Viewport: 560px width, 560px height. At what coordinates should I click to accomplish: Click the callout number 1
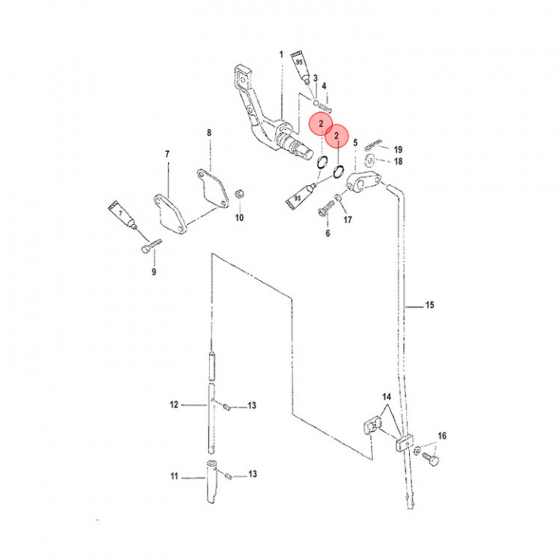click(x=281, y=54)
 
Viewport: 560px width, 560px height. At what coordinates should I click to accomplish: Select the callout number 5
click(x=355, y=143)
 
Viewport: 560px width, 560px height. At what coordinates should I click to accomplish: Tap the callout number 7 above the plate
click(x=167, y=154)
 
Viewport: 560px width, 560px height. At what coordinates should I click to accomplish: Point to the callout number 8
click(x=209, y=133)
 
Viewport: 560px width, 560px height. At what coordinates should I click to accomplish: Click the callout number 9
click(x=154, y=271)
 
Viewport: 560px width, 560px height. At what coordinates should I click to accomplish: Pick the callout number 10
click(x=240, y=218)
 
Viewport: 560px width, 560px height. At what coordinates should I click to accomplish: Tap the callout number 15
click(x=429, y=305)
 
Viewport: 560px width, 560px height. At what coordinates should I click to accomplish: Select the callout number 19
click(x=398, y=149)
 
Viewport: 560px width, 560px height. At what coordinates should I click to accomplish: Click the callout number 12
click(x=174, y=404)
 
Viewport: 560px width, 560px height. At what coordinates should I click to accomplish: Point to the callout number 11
click(x=174, y=477)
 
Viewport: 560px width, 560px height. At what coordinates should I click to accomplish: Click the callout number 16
click(x=442, y=436)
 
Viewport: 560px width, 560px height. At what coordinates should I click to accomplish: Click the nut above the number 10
click(x=239, y=195)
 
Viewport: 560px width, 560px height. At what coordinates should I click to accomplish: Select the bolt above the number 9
click(x=152, y=246)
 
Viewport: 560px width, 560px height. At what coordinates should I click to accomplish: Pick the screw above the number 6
click(x=326, y=208)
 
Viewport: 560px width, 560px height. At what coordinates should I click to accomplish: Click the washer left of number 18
click(x=369, y=160)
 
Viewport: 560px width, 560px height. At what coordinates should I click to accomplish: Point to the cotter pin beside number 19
click(x=374, y=144)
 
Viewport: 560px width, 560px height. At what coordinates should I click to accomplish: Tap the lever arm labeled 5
click(x=364, y=181)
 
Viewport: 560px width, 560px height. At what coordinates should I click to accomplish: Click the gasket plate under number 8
click(x=213, y=189)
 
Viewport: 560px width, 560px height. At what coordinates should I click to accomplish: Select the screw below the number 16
click(x=431, y=459)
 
